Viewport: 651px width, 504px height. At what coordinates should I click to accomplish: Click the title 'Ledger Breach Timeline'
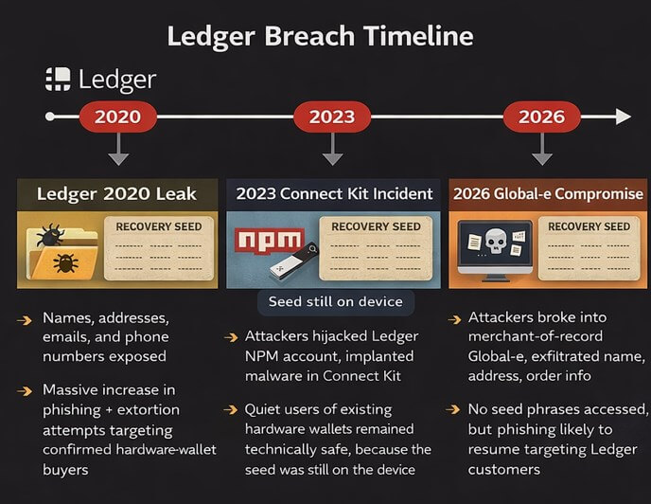pos(320,37)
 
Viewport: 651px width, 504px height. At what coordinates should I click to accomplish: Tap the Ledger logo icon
pos(58,80)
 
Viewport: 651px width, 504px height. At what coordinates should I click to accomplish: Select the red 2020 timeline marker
pos(117,117)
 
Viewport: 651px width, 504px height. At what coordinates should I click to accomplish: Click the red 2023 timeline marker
pos(331,117)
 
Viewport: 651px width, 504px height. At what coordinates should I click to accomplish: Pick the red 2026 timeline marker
pos(541,117)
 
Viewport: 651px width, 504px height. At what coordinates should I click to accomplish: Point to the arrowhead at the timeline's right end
pos(622,117)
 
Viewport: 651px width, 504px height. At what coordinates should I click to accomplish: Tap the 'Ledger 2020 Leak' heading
pos(116,194)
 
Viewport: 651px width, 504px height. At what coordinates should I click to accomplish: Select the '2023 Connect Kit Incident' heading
pos(334,194)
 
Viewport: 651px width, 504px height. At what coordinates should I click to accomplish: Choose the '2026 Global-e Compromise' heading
pos(547,194)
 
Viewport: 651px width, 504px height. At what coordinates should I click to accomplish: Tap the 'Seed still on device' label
pos(334,302)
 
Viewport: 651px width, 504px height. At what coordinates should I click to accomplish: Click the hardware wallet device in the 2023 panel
pos(301,267)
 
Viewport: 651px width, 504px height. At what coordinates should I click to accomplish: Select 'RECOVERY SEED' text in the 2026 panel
pos(589,227)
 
